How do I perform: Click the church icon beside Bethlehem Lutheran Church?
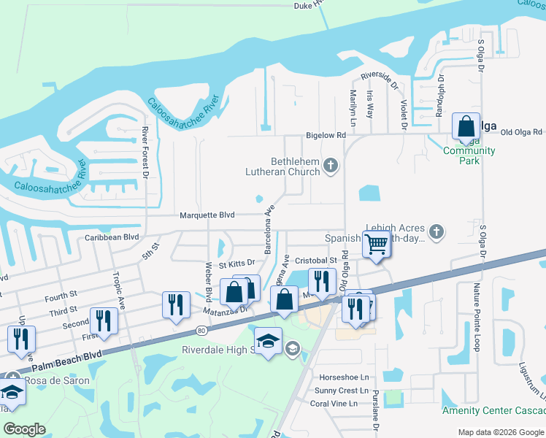[x=331, y=166]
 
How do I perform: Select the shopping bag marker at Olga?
[x=466, y=127]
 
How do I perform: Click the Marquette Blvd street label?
[x=207, y=215]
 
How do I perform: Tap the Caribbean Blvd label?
[x=112, y=237]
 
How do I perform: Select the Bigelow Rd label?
[x=326, y=136]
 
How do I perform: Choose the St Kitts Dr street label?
[x=235, y=262]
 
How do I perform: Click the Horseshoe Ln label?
[x=345, y=377]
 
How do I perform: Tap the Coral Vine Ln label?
[x=334, y=404]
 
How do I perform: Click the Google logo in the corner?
[x=25, y=429]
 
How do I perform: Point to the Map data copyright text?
[x=500, y=432]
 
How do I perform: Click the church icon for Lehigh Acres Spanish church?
[x=437, y=231]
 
